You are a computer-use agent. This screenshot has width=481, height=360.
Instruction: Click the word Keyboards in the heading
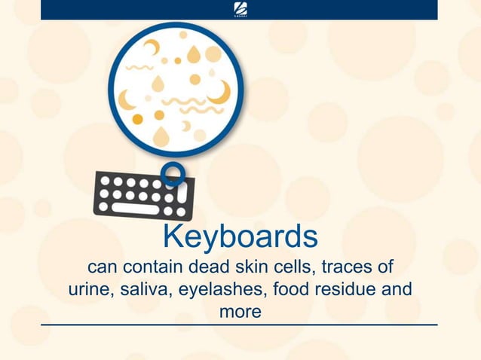click(240, 236)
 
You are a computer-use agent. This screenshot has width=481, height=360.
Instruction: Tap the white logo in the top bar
click(240, 8)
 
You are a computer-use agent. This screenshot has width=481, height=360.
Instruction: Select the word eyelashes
click(222, 289)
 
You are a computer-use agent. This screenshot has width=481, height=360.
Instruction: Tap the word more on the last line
click(240, 310)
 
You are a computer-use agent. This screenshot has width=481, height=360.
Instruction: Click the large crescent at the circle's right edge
click(220, 93)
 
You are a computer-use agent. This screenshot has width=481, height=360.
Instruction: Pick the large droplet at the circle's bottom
click(161, 136)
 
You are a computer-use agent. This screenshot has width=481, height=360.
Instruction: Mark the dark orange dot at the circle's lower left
click(137, 119)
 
